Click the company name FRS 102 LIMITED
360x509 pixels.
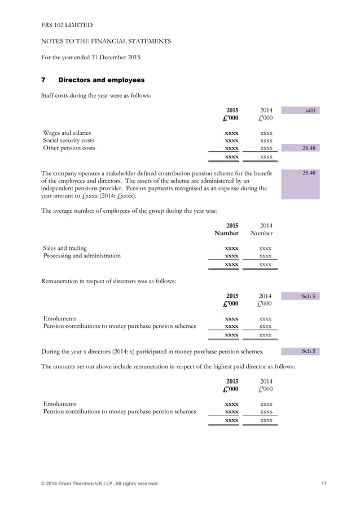67,25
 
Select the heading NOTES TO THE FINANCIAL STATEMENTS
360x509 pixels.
106,41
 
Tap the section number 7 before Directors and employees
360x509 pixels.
43,80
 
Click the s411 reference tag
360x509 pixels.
310,111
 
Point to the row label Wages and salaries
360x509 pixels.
67,133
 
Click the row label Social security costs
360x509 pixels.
69,141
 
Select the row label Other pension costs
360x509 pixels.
69,148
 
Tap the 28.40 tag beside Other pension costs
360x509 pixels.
309,148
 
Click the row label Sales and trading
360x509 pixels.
65,248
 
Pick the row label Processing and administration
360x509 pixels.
82,256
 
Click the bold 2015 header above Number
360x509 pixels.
231,225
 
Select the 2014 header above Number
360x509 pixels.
265,225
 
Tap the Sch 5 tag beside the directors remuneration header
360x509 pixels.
309,296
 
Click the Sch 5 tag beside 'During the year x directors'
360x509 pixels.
309,351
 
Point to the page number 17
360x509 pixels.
324,484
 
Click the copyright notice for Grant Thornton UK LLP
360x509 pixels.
100,484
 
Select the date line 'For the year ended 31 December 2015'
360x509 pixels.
91,57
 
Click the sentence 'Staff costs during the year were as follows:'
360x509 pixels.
96,95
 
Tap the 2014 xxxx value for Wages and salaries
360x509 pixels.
266,133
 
